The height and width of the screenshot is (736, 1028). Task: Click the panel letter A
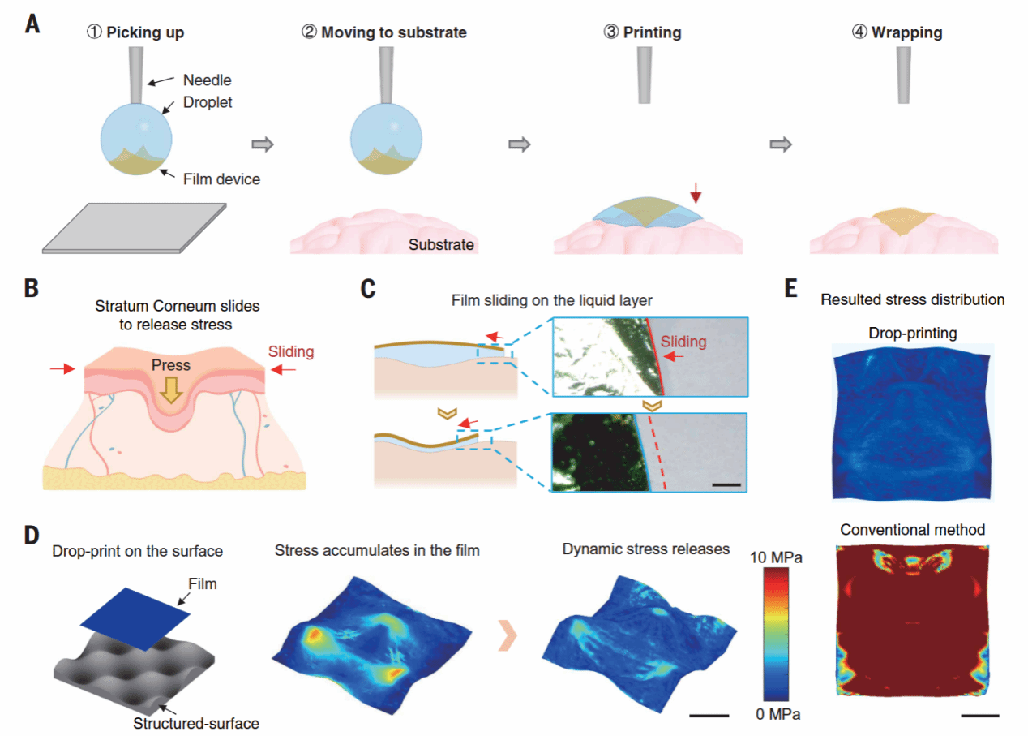32,24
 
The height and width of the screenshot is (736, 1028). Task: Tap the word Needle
207,80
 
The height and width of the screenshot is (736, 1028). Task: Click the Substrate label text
441,244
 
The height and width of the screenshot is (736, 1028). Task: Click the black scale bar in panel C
728,485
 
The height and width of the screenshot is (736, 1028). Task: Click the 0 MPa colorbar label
777,714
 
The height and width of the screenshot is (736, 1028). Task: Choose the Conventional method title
912,530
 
